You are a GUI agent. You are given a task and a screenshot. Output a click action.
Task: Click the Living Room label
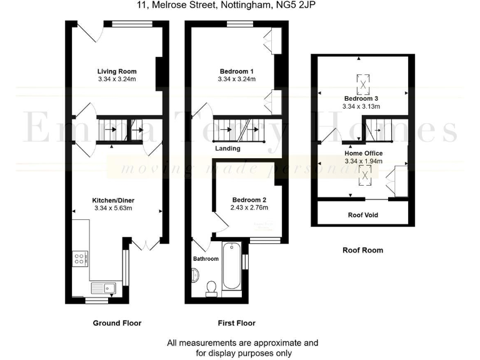[x=116, y=71]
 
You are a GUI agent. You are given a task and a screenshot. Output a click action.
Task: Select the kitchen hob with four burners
[x=81, y=258]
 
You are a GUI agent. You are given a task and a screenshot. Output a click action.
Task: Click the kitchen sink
[x=104, y=288]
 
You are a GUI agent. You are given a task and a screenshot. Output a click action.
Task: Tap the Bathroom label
[x=206, y=259]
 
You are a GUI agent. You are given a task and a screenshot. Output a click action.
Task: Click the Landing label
[x=227, y=149]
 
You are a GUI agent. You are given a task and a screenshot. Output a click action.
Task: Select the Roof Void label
[x=362, y=215]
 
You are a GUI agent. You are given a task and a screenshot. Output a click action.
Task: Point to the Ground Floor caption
[x=117, y=323]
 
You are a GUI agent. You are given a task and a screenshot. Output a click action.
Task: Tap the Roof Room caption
[x=362, y=250]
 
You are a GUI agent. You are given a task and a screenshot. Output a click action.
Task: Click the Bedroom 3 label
[x=361, y=99]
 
